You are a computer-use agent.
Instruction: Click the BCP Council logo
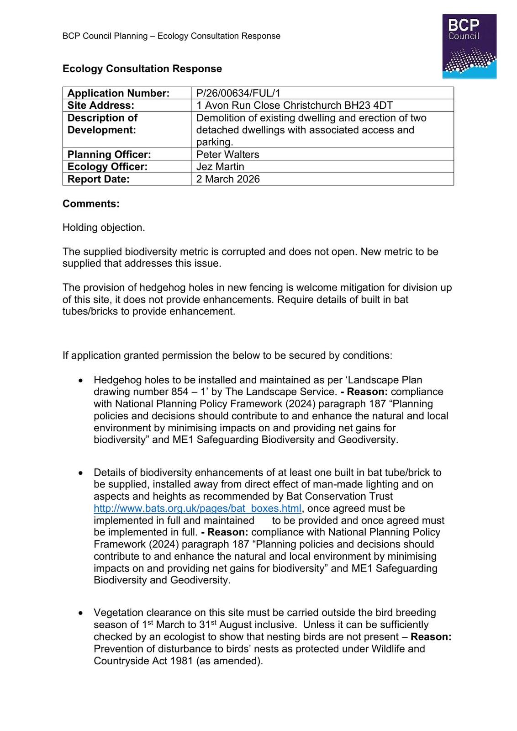[469, 47]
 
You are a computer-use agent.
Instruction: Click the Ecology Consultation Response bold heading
[142, 69]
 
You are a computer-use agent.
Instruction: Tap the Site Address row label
[101, 106]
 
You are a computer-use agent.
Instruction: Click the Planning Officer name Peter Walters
[227, 154]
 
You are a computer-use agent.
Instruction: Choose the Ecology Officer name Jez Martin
[220, 167]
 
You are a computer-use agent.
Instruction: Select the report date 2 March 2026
[228, 179]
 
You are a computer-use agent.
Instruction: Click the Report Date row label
[98, 179]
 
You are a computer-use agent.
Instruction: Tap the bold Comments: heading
[91, 204]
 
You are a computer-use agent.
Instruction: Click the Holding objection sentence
[104, 228]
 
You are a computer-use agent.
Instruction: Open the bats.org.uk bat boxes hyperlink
[197, 509]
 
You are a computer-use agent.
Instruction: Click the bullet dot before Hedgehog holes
[81, 380]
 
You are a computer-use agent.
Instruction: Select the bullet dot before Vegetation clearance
[81, 613]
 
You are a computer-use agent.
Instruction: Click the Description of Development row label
[102, 124]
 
